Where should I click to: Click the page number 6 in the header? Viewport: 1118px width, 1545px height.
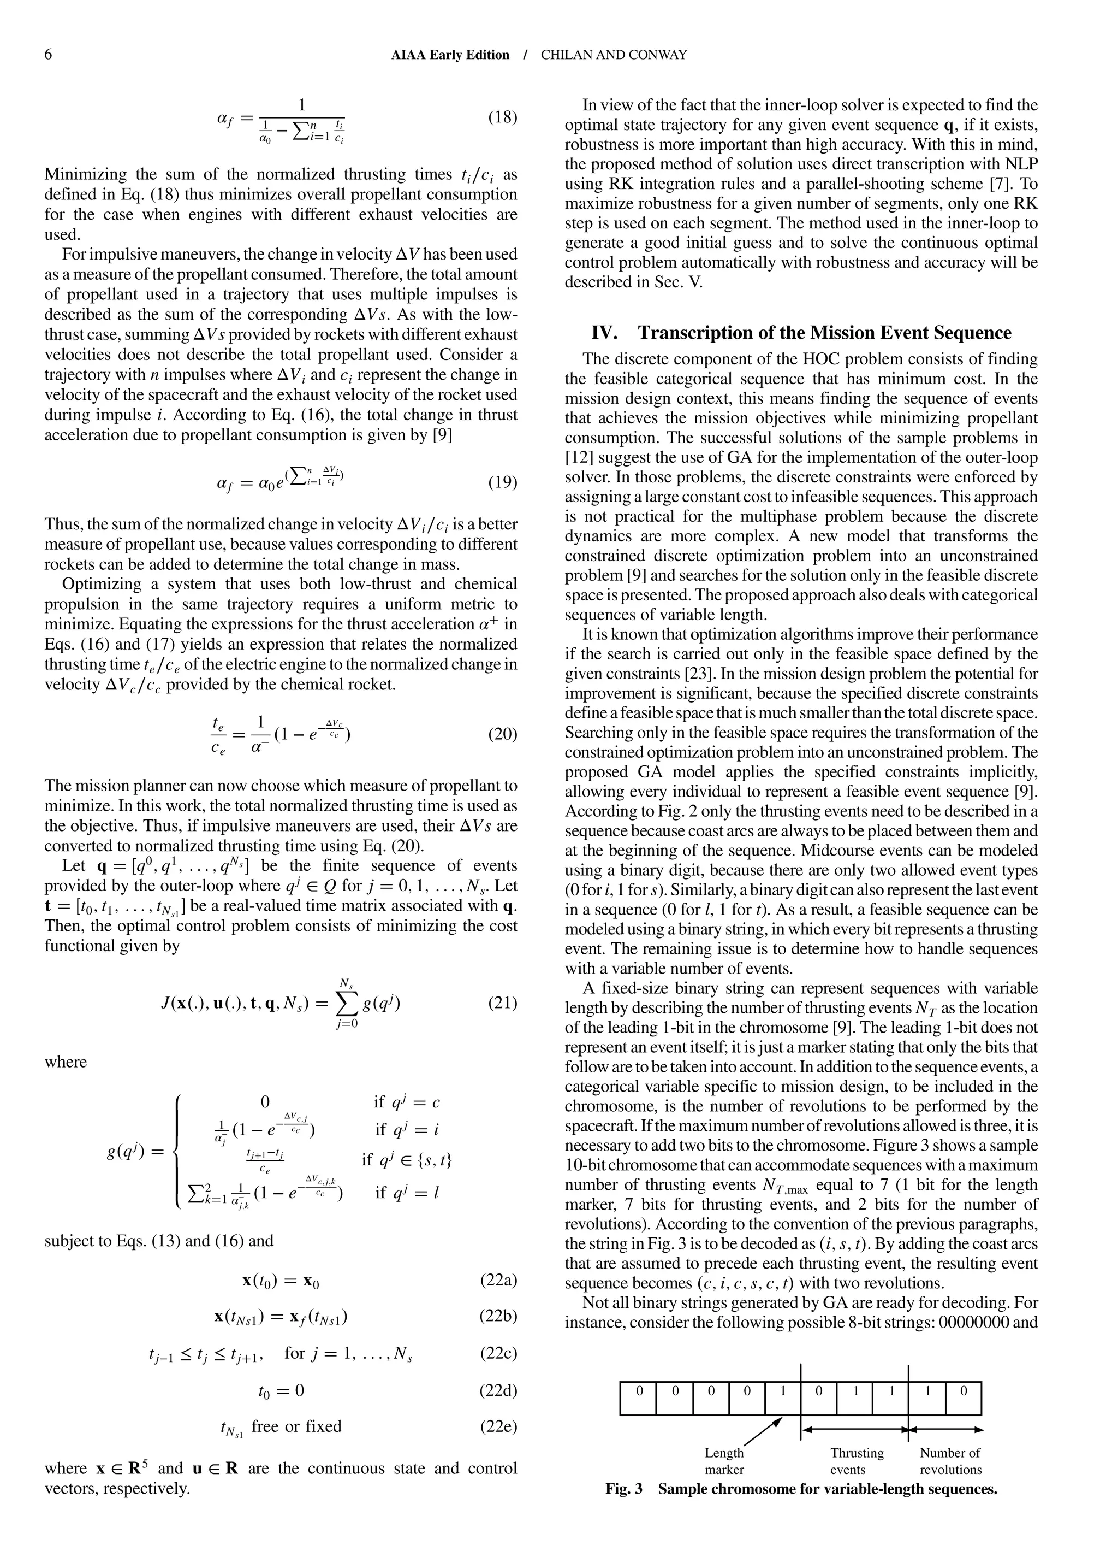coord(47,55)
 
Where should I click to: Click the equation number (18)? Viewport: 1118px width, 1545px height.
coord(502,117)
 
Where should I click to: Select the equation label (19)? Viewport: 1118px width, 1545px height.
coord(502,483)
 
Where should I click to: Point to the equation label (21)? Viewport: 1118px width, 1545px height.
coord(502,1002)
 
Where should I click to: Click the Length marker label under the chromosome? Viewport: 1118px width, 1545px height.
coord(724,1461)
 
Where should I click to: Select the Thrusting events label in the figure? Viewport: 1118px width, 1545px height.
coord(856,1461)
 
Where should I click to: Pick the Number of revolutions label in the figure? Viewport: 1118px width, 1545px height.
coord(950,1461)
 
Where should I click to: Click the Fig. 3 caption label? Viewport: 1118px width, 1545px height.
coord(623,1489)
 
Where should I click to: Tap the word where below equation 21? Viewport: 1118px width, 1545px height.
coord(66,1062)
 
